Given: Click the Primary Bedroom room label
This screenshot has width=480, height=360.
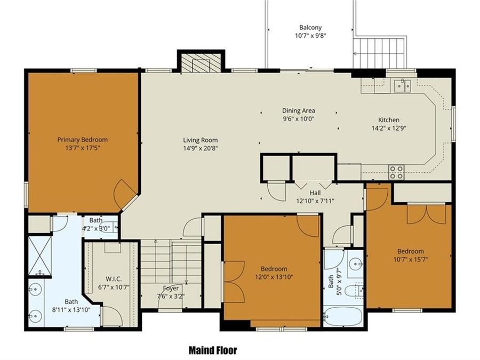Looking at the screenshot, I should [x=83, y=140].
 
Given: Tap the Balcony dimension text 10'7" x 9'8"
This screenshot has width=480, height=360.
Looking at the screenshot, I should [x=310, y=36].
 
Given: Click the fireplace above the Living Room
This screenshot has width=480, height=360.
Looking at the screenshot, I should [x=201, y=63].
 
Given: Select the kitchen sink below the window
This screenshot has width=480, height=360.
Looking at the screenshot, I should [x=402, y=85].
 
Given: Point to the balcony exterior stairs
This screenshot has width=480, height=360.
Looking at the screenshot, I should [x=380, y=53].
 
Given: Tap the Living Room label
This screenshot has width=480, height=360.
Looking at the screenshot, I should [x=200, y=140].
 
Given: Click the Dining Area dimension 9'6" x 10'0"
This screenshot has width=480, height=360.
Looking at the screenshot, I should [x=299, y=119].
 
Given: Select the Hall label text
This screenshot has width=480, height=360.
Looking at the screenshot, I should [x=315, y=193].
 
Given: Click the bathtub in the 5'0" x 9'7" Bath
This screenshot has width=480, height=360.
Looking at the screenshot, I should [x=343, y=315].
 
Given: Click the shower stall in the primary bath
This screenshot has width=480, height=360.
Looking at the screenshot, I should [x=39, y=255].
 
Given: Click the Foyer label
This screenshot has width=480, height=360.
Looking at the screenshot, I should [x=171, y=288].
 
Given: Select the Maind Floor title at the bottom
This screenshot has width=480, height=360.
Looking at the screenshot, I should [x=213, y=350].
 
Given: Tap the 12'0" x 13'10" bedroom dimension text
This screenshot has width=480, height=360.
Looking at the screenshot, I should [x=274, y=277].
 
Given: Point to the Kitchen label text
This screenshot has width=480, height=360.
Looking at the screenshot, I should [x=388, y=120].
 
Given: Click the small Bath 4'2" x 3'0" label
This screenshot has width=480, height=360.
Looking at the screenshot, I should [x=96, y=220].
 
